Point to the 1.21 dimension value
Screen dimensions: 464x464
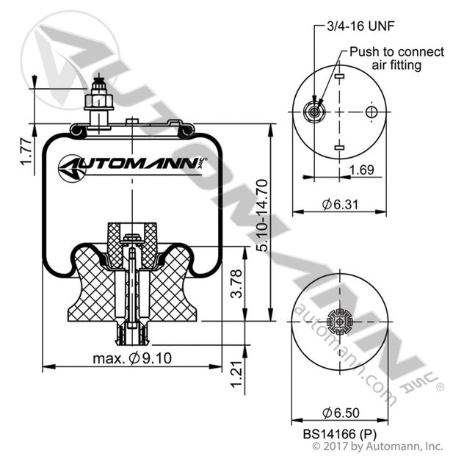(236, 376)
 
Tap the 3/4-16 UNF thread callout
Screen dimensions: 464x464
(352, 27)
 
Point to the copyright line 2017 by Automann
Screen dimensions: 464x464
(378, 446)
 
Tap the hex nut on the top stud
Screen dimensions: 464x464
(98, 101)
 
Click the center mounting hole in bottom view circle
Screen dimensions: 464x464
(337, 321)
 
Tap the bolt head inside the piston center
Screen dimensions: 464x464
(132, 237)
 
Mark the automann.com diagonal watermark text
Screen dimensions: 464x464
(345, 352)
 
